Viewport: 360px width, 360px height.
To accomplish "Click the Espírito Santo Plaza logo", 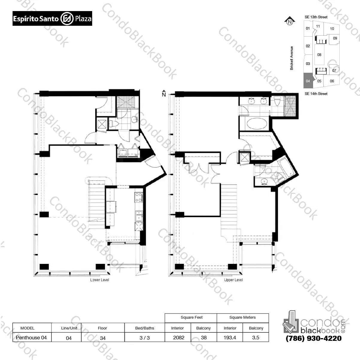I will pos(52,19).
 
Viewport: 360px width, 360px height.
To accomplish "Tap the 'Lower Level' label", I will pos(100,280).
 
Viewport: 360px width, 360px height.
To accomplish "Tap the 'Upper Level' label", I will pos(233,280).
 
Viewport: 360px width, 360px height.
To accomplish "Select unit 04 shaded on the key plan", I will pos(308,81).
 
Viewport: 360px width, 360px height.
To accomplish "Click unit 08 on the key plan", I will pos(319,55).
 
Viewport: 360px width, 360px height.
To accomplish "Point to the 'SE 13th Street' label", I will pos(316,17).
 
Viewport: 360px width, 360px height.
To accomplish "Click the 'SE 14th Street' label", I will pos(316,94).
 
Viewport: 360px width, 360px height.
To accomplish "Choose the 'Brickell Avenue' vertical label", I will pos(292,58).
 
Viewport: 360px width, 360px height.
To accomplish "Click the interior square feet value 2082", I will pos(179,338).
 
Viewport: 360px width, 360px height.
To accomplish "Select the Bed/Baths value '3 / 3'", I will pos(145,338).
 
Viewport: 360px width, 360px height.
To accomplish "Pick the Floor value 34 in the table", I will pos(103,338).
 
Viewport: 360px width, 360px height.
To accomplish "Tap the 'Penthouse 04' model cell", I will pos(31,338).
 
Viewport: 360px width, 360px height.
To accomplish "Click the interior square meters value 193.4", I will pos(230,338).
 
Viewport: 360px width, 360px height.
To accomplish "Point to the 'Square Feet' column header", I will pos(192,317).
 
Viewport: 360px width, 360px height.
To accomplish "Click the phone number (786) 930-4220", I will pos(314,338).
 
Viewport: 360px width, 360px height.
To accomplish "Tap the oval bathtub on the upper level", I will pos(255,123).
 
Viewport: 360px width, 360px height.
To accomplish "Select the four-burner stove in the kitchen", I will pos(139,197).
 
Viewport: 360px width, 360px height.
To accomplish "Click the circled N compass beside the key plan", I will pos(289,21).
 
